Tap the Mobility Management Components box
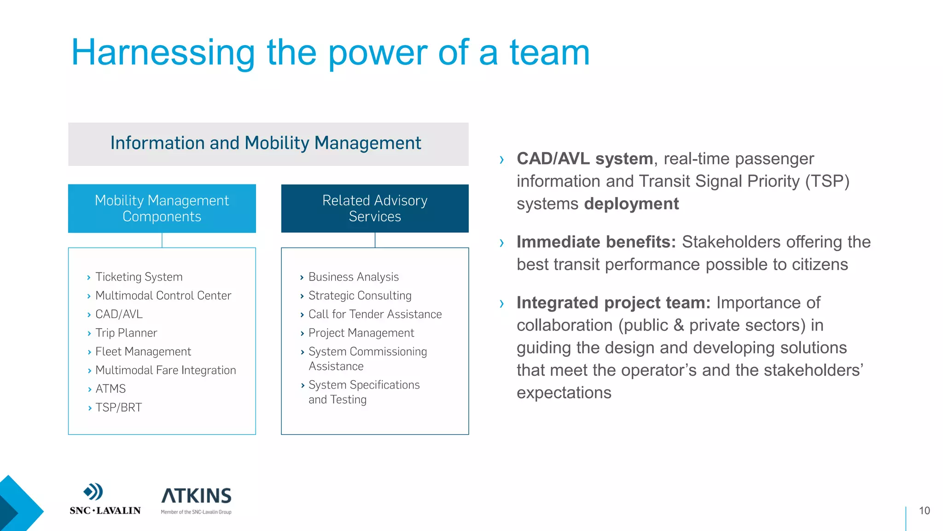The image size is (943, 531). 162,208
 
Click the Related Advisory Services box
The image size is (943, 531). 375,208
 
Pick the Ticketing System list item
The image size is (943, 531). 139,277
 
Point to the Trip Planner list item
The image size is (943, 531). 126,333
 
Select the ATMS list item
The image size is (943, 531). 110,389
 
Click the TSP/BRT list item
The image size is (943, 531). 118,408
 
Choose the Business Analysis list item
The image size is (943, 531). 353,277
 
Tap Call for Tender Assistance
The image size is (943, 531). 375,314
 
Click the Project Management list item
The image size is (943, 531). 361,333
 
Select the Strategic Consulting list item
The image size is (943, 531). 360,295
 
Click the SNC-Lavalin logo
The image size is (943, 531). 105,499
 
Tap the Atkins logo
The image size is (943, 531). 196,500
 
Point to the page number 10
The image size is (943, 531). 924,511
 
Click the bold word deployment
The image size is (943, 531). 631,204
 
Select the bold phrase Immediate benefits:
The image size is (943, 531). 596,242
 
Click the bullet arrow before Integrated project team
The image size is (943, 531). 502,304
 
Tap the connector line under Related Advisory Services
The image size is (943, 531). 375,240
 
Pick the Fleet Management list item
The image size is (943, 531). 143,352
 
